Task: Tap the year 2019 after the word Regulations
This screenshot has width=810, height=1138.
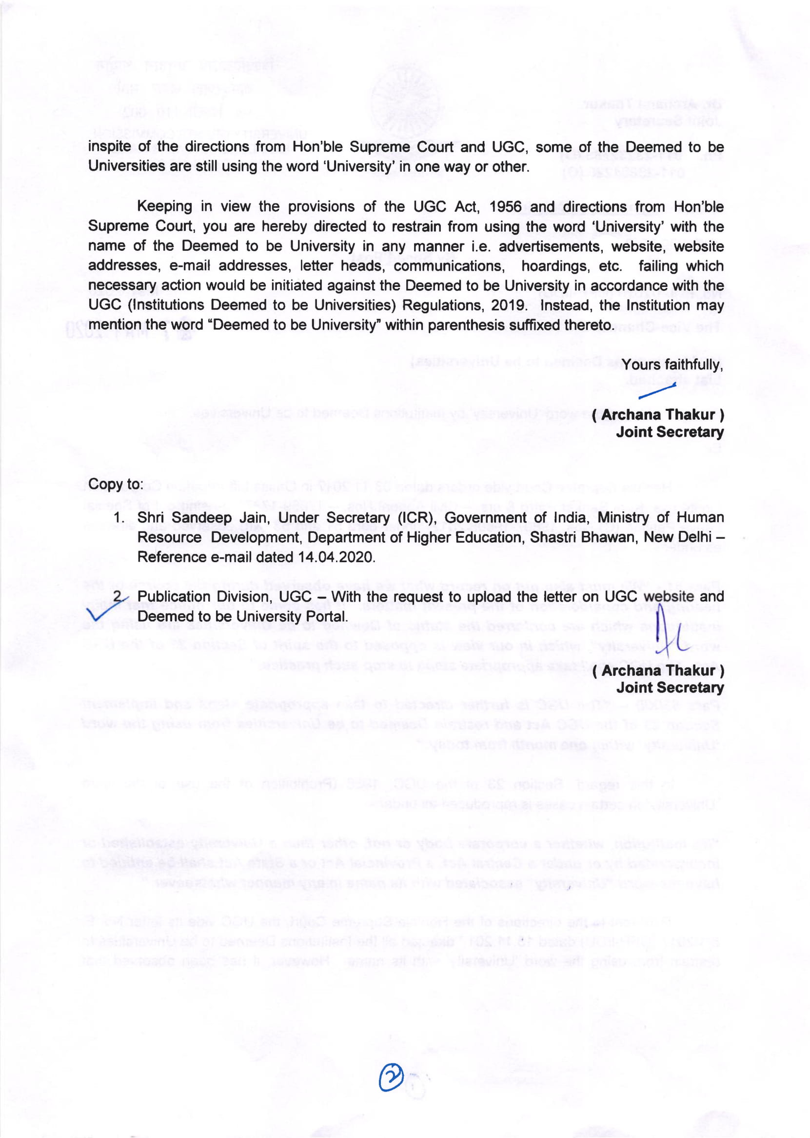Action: [x=508, y=305]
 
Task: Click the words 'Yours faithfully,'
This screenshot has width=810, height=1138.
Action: [x=672, y=365]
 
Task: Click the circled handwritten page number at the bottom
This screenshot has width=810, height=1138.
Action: [x=392, y=1077]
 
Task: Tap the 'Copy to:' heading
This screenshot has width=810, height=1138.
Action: [x=116, y=484]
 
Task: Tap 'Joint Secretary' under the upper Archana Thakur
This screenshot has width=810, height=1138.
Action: [x=670, y=432]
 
